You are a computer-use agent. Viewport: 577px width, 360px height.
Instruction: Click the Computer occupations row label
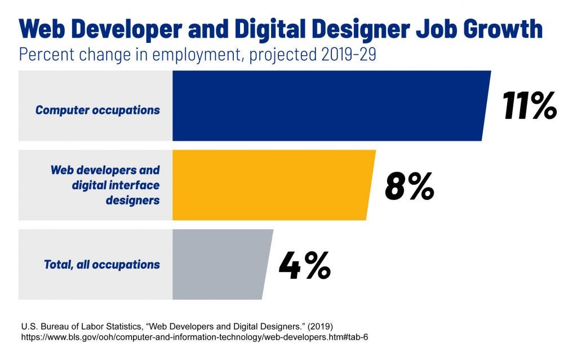[97, 110]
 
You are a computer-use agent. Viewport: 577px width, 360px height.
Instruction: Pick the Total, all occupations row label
[102, 264]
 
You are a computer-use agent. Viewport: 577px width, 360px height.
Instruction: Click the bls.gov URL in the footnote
[194, 337]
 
